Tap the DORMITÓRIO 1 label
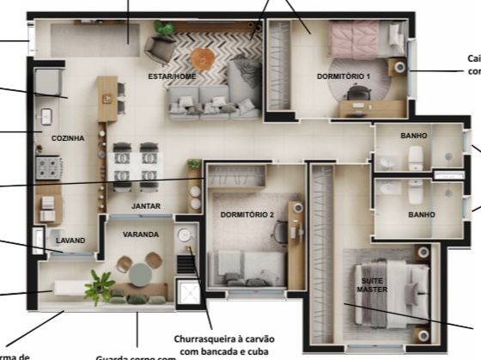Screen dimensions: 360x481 pos(343,76)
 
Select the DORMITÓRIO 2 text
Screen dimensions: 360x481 pos(246,214)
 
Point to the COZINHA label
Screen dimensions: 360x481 pos(68,137)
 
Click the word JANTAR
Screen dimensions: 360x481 pos(145,206)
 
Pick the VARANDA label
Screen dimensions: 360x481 pos(140,234)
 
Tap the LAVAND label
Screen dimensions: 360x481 pos(70,241)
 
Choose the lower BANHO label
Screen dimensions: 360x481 pos(421,214)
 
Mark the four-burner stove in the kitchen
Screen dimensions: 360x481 pos(47,166)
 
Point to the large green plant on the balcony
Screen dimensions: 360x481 pos(100,286)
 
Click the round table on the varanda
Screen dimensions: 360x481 pos(140,272)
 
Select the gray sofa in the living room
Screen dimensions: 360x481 pos(215,101)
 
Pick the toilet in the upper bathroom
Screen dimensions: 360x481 pos(416,156)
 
